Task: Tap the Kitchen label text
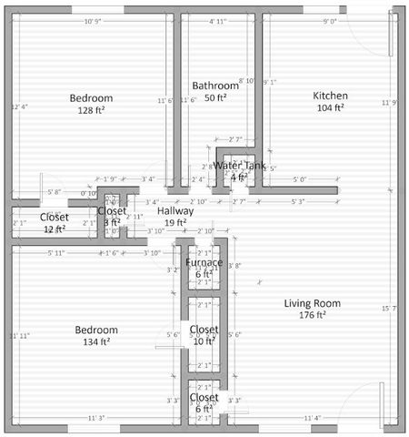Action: (330, 96)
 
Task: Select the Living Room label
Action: (312, 303)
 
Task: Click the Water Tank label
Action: (240, 166)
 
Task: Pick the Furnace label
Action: (204, 262)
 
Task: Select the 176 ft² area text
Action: (312, 315)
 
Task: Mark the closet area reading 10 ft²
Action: (204, 340)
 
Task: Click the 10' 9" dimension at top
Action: (93, 21)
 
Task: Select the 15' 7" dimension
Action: (389, 310)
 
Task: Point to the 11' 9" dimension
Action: (389, 102)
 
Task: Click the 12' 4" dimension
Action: (20, 107)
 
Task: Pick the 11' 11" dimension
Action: (20, 336)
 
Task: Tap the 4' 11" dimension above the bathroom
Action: (218, 21)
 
